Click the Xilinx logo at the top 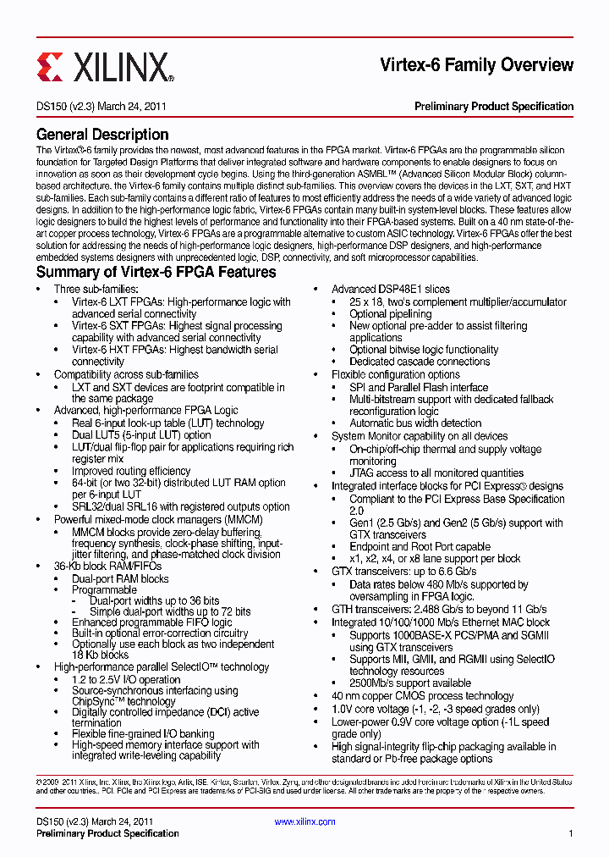105,66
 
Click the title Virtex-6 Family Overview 476,65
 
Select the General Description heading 102,134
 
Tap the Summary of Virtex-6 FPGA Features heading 156,272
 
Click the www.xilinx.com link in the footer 304,821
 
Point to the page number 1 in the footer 570,833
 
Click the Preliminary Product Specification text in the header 493,107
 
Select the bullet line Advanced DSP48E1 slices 390,290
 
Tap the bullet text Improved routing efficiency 131,471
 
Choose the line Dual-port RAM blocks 120,579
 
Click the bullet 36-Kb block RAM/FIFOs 107,566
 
